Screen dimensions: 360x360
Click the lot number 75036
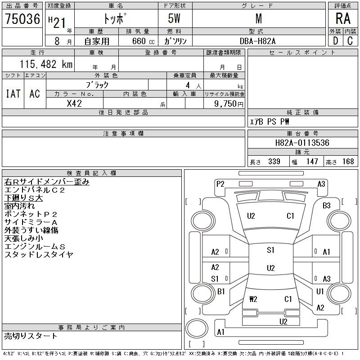(22, 19)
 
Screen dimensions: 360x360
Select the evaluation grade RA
(343, 19)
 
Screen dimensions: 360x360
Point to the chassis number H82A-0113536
(302, 143)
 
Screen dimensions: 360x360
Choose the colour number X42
(74, 103)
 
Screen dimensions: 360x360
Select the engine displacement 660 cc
(138, 41)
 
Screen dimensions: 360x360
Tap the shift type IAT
(13, 94)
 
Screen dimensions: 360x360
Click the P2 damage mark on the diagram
(220, 184)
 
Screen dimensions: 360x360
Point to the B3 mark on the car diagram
(326, 206)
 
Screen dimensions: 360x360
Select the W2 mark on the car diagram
(253, 299)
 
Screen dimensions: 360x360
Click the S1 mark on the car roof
(270, 251)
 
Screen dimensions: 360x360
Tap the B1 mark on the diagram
(221, 292)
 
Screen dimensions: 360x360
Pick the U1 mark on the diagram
(320, 292)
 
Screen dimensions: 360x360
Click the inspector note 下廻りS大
(23, 198)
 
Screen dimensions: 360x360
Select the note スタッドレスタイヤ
(39, 255)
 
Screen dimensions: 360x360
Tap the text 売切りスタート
(31, 336)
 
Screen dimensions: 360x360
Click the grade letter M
(258, 19)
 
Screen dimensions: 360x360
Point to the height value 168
(348, 162)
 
